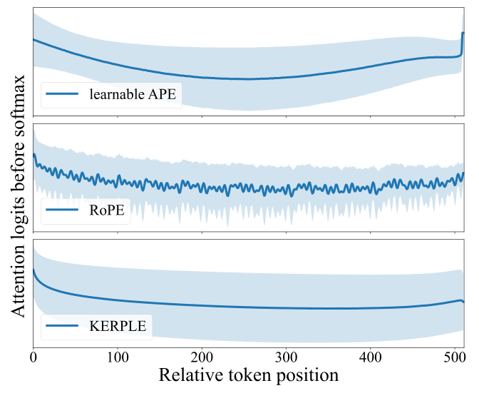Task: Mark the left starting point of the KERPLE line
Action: click(x=34, y=270)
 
